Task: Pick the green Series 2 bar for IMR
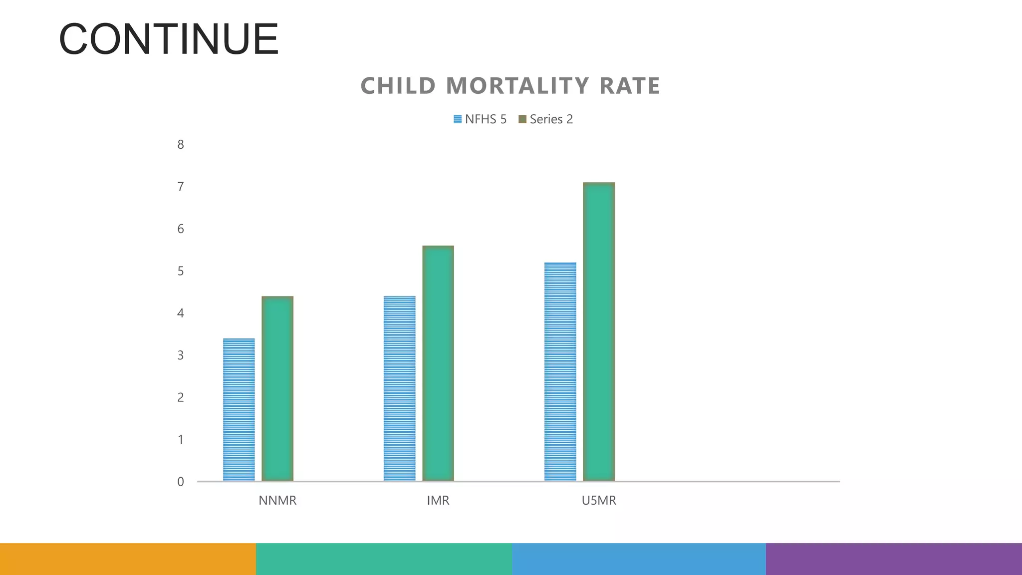point(438,363)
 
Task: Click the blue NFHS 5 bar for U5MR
point(560,371)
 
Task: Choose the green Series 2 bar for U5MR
point(599,331)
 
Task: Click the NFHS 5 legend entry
point(480,119)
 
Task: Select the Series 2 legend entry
point(546,119)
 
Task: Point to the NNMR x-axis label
point(277,501)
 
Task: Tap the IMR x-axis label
point(438,501)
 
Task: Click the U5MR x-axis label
point(599,501)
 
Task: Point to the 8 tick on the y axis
point(181,145)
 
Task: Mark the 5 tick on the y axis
point(181,271)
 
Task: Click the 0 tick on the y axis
point(181,482)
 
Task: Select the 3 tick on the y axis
point(181,355)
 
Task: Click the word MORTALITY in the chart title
point(517,86)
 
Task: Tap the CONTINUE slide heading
point(169,39)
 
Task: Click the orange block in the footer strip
point(128,559)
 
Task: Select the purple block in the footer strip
point(894,559)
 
